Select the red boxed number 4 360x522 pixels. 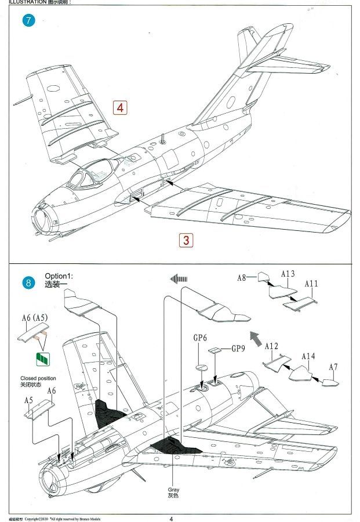pos(120,107)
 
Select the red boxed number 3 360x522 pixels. pos(186,240)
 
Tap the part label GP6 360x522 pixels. pos(200,338)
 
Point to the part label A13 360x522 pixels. pos(288,274)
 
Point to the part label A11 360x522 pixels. pos(312,284)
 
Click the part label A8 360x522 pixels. pos(242,278)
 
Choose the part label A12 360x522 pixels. pos(271,346)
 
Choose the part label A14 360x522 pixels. pos(307,356)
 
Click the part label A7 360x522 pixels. pos(333,367)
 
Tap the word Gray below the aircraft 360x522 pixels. pos(174,490)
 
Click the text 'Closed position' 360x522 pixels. pos(38,378)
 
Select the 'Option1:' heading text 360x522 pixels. pos(60,276)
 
